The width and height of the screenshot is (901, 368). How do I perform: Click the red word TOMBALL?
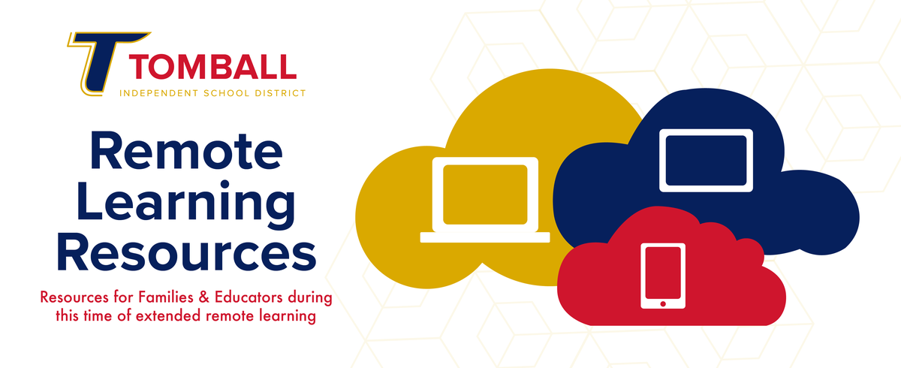click(x=212, y=67)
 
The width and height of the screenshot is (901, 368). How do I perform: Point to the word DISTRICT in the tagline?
click(x=280, y=93)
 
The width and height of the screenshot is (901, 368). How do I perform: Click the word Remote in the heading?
click(x=186, y=152)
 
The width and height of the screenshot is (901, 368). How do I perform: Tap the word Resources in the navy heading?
click(x=186, y=252)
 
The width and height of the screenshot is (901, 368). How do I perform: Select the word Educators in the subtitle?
click(x=249, y=297)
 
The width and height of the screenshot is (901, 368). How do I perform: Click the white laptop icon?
click(x=485, y=200)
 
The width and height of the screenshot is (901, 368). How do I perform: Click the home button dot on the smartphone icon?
click(x=663, y=303)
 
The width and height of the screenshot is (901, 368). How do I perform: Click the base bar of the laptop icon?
click(x=485, y=237)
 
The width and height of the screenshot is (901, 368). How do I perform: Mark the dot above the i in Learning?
click(x=224, y=185)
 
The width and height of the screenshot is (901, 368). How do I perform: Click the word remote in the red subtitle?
click(x=230, y=316)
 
